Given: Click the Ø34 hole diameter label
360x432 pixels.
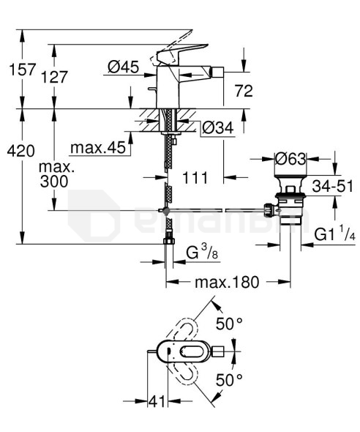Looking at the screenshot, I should [217, 127].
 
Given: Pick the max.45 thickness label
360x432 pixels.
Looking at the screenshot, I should [98, 149].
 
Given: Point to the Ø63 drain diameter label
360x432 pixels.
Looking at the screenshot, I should [290, 157].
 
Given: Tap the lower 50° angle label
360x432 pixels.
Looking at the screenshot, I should [230, 380].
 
